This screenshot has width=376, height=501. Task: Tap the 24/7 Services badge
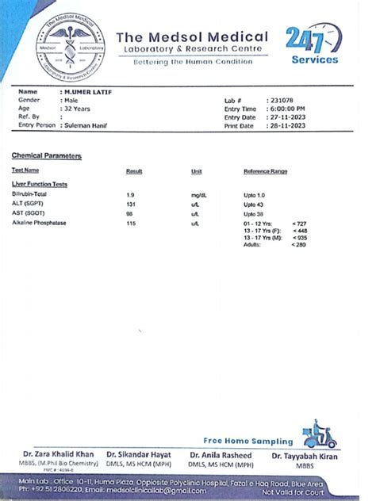[x=313, y=44]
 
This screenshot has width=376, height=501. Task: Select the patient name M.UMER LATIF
[x=88, y=93]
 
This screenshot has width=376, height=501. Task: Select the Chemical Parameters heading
[x=47, y=156]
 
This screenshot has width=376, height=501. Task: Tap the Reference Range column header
[x=265, y=171]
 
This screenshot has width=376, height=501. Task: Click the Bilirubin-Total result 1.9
[x=130, y=194]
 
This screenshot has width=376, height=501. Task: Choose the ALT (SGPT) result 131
[x=131, y=205]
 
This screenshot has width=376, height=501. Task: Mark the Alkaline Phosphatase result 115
[x=131, y=224]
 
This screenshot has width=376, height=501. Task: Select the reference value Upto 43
[x=254, y=205]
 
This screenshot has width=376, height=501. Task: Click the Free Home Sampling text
[x=248, y=441]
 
